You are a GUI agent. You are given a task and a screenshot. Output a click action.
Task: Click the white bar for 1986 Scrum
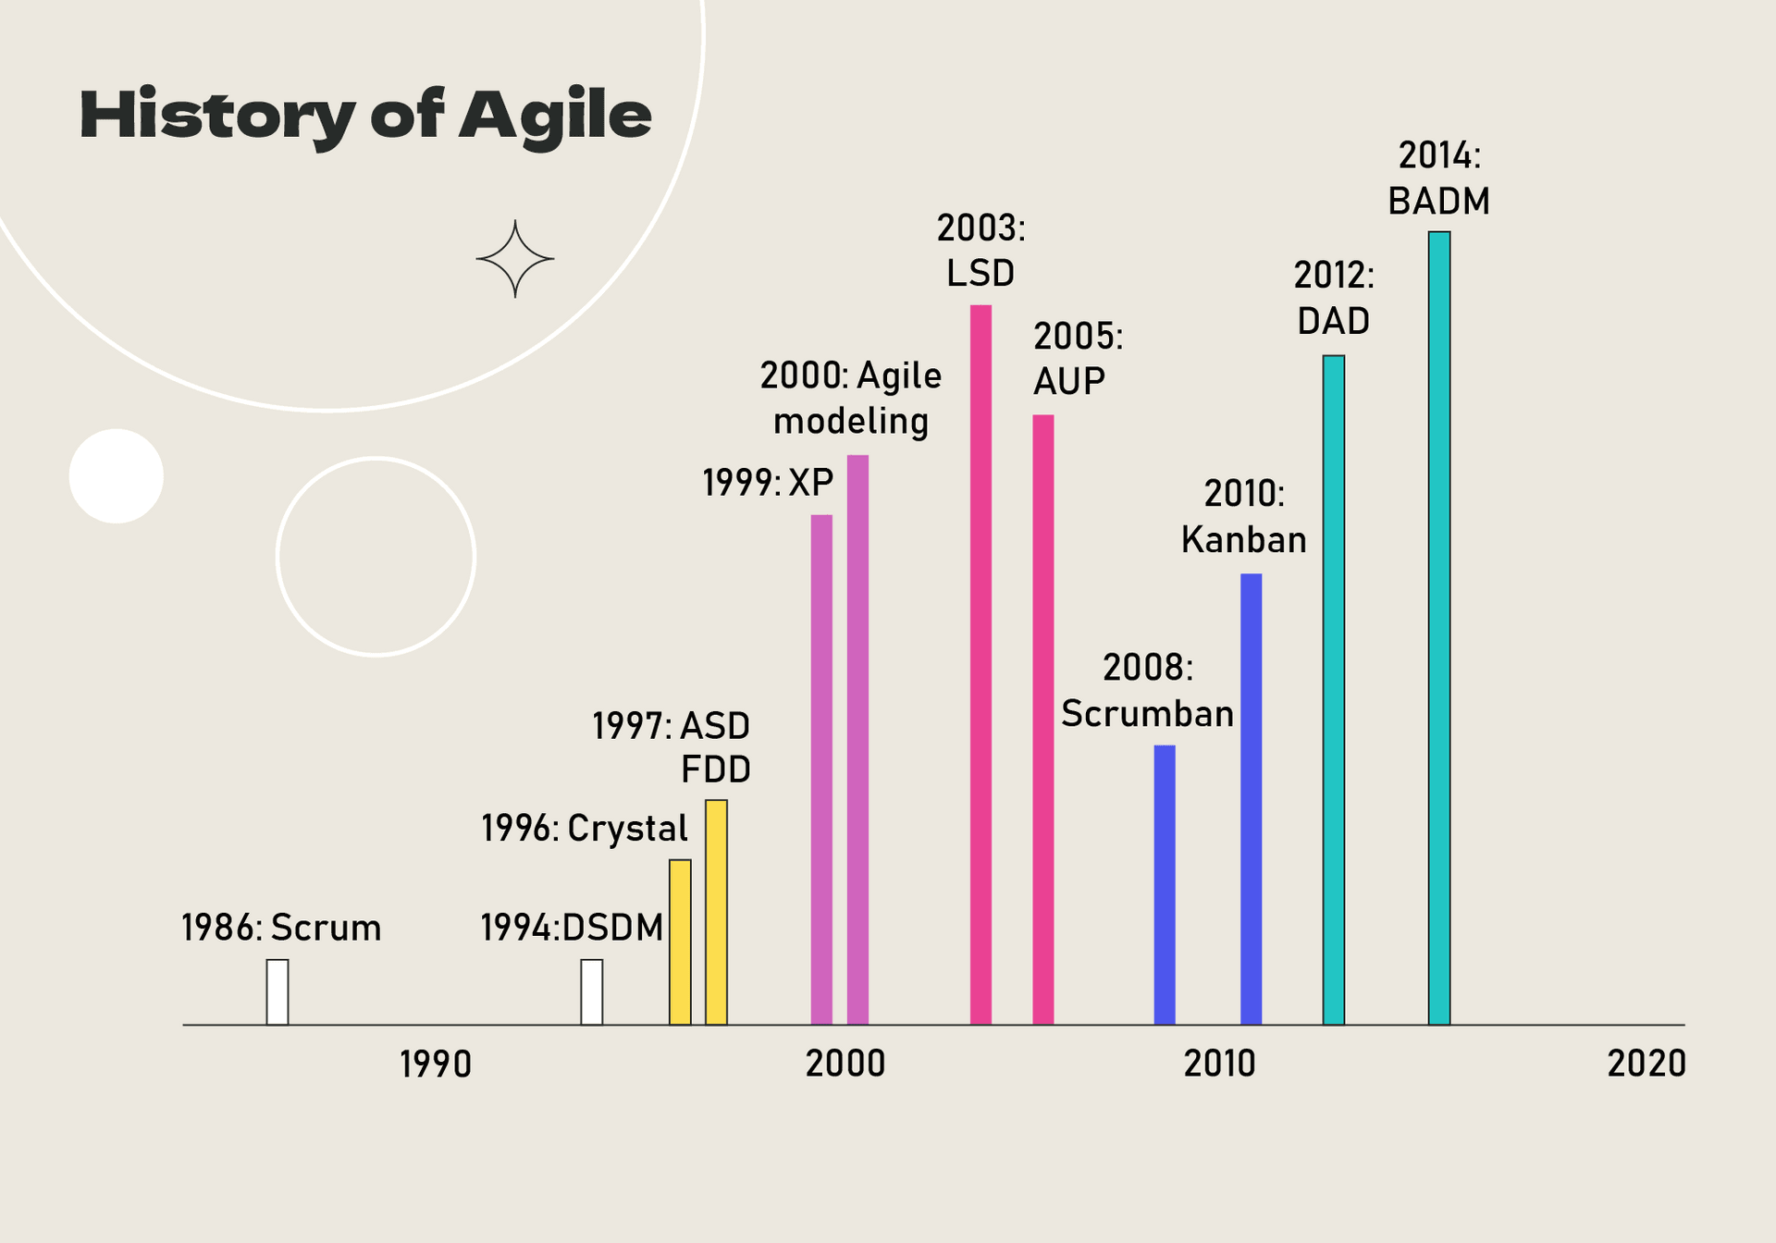[x=277, y=992]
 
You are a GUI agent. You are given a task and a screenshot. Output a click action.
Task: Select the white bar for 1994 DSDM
[x=592, y=992]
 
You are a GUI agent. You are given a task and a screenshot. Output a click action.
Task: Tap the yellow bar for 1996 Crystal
[x=680, y=941]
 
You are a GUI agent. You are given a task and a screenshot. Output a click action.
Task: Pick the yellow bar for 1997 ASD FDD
[x=716, y=912]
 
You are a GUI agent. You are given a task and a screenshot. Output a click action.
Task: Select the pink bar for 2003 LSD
[x=980, y=664]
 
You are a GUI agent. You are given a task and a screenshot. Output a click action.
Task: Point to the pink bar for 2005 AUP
[x=1043, y=720]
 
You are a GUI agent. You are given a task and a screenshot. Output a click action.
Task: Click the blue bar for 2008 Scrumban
[x=1165, y=884]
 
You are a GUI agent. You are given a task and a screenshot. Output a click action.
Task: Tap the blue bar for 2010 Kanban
[x=1251, y=799]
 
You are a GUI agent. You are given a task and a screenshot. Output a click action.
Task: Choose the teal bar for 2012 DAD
[x=1333, y=690]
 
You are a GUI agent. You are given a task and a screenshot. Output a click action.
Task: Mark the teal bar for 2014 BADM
[x=1439, y=628]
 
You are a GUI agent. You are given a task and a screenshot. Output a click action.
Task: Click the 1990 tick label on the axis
[x=436, y=1065]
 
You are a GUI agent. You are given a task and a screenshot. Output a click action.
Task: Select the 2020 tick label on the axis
[x=1646, y=1064]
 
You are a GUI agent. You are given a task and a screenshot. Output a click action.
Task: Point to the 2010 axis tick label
[x=1219, y=1064]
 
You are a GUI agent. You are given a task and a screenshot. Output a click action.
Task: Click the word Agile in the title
[x=555, y=117]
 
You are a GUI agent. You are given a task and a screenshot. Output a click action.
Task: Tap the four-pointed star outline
[x=515, y=259]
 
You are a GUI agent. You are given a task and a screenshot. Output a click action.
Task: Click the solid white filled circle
[x=117, y=476]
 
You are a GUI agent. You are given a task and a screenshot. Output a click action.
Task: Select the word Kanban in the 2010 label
[x=1243, y=540]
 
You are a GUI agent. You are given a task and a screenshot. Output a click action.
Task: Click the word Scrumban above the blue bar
[x=1147, y=714]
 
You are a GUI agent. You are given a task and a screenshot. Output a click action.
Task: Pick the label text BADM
[x=1438, y=202]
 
